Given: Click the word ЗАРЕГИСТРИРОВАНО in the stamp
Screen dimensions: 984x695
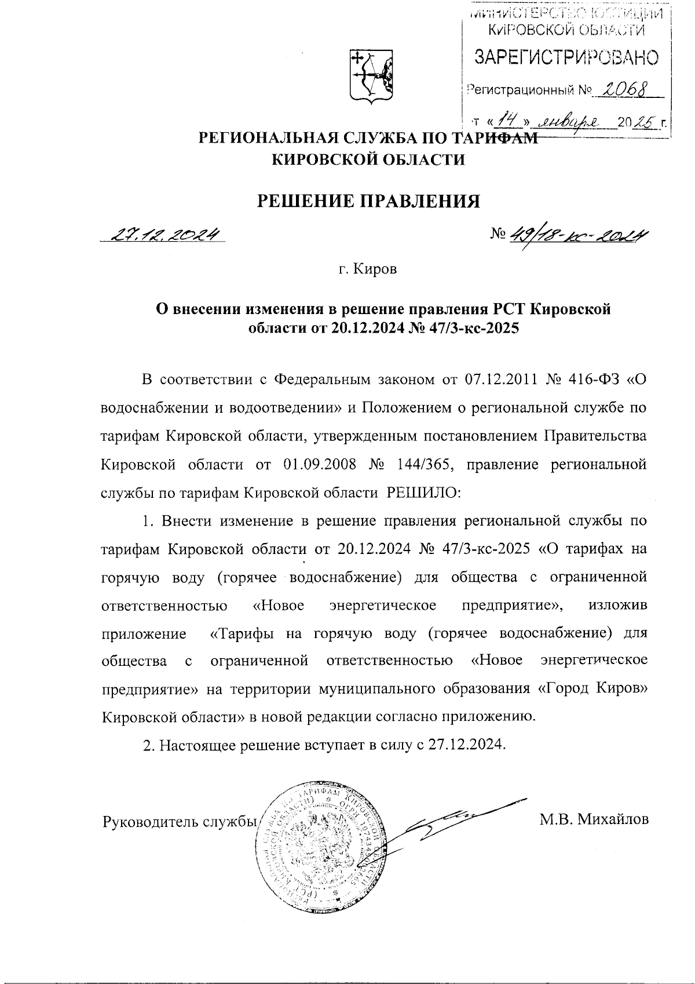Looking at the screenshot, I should tap(566, 57).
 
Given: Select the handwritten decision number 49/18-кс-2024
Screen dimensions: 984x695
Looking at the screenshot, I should tap(577, 234).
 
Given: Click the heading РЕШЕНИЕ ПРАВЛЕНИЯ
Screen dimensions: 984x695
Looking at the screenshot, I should tap(368, 201).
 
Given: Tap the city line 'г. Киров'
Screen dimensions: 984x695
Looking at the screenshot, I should tap(368, 270).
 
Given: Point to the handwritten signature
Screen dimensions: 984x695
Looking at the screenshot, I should tap(458, 817).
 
